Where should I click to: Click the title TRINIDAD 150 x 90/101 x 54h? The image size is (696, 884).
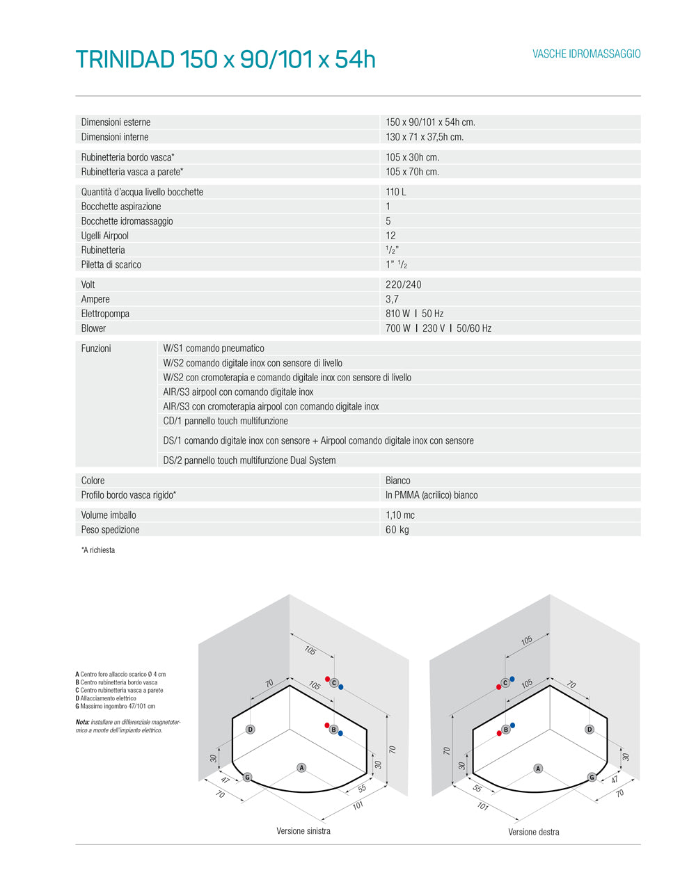coord(225,60)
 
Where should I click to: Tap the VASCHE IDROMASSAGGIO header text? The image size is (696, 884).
coord(586,54)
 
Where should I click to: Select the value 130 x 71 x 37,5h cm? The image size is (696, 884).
coord(424,137)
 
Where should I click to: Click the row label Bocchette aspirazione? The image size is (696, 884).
coord(121,207)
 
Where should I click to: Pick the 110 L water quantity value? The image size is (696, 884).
coord(395,192)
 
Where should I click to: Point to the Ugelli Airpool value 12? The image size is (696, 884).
coord(390,236)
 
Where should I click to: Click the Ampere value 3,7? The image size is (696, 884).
coord(392,299)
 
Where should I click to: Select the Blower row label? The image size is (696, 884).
coord(93,328)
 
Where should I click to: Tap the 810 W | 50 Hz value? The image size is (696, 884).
coord(414,314)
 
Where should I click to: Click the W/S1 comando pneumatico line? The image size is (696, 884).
coord(214,348)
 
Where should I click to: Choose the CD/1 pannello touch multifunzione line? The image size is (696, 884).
coord(226,421)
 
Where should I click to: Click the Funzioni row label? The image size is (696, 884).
coord(96,348)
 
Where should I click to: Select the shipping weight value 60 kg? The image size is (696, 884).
coord(397,530)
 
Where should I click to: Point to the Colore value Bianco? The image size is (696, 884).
coord(397,481)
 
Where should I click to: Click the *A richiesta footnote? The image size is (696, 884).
coord(98,550)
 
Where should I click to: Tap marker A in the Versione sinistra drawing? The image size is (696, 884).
coord(301,768)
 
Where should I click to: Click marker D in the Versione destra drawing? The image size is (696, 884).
coord(590,730)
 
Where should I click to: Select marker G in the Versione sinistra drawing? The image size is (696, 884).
coord(247,778)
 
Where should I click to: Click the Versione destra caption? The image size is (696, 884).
coord(533,832)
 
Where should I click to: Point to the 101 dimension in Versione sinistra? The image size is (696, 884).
coord(358,805)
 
